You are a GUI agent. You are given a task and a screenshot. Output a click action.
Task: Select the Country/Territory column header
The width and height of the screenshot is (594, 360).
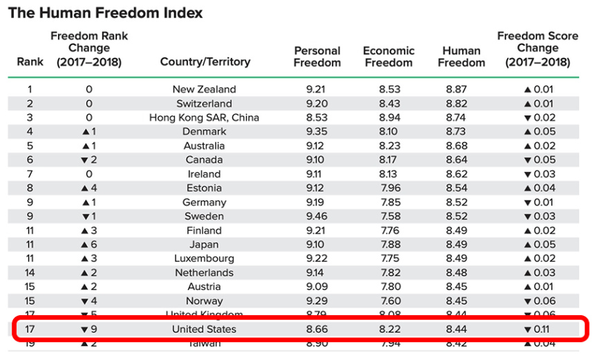coord(205,62)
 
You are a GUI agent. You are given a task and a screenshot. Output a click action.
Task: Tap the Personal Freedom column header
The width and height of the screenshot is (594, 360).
coord(317,57)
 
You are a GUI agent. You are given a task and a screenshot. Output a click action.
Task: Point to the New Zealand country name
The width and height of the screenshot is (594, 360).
coord(204,89)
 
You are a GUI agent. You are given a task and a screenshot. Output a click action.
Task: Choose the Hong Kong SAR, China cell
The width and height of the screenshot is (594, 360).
coord(204,117)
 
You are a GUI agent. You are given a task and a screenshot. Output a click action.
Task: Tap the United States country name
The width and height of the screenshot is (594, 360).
coord(204,329)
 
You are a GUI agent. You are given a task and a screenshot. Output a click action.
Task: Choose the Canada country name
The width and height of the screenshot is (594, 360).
coord(204,160)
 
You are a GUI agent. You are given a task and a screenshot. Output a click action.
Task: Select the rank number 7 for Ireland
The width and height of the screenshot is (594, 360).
coord(30,174)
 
